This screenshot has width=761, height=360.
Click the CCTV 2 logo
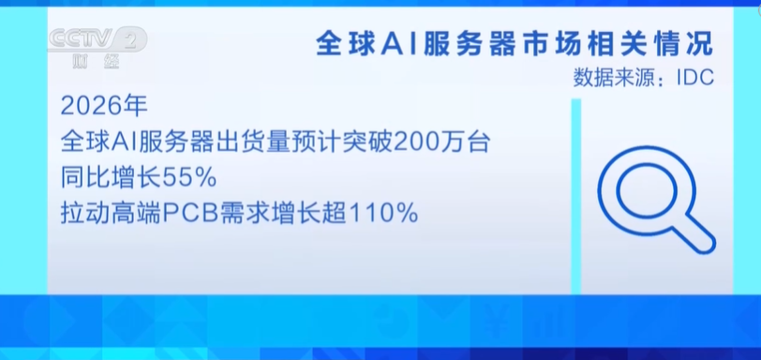click(97, 38)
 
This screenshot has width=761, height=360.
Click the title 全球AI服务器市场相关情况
click(515, 45)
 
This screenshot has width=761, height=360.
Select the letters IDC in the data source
click(695, 78)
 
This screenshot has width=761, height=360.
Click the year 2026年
click(104, 107)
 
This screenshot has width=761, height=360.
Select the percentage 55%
click(188, 179)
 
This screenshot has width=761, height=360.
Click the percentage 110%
click(383, 214)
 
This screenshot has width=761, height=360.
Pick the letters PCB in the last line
click(190, 214)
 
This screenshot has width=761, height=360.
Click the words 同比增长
click(111, 179)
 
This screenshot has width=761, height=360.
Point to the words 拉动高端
click(111, 214)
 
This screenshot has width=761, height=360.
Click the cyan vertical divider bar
click(575, 196)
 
